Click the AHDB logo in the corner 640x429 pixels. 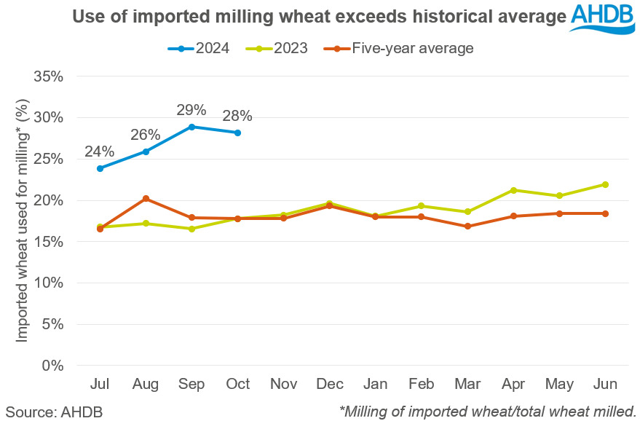pos(603,17)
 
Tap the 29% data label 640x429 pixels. pos(192,110)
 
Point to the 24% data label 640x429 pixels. pos(100,151)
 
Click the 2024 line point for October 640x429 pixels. pos(237,133)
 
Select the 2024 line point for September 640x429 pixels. pos(191,127)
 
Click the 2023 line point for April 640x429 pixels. pos(514,190)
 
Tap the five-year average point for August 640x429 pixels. pos(146,198)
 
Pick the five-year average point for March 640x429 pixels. pos(467,227)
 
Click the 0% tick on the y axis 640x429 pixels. pos(54,366)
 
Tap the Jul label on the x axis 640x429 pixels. pos(100,384)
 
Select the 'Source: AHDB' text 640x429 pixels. pos(55,412)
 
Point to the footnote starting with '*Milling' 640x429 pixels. pos(488,412)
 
